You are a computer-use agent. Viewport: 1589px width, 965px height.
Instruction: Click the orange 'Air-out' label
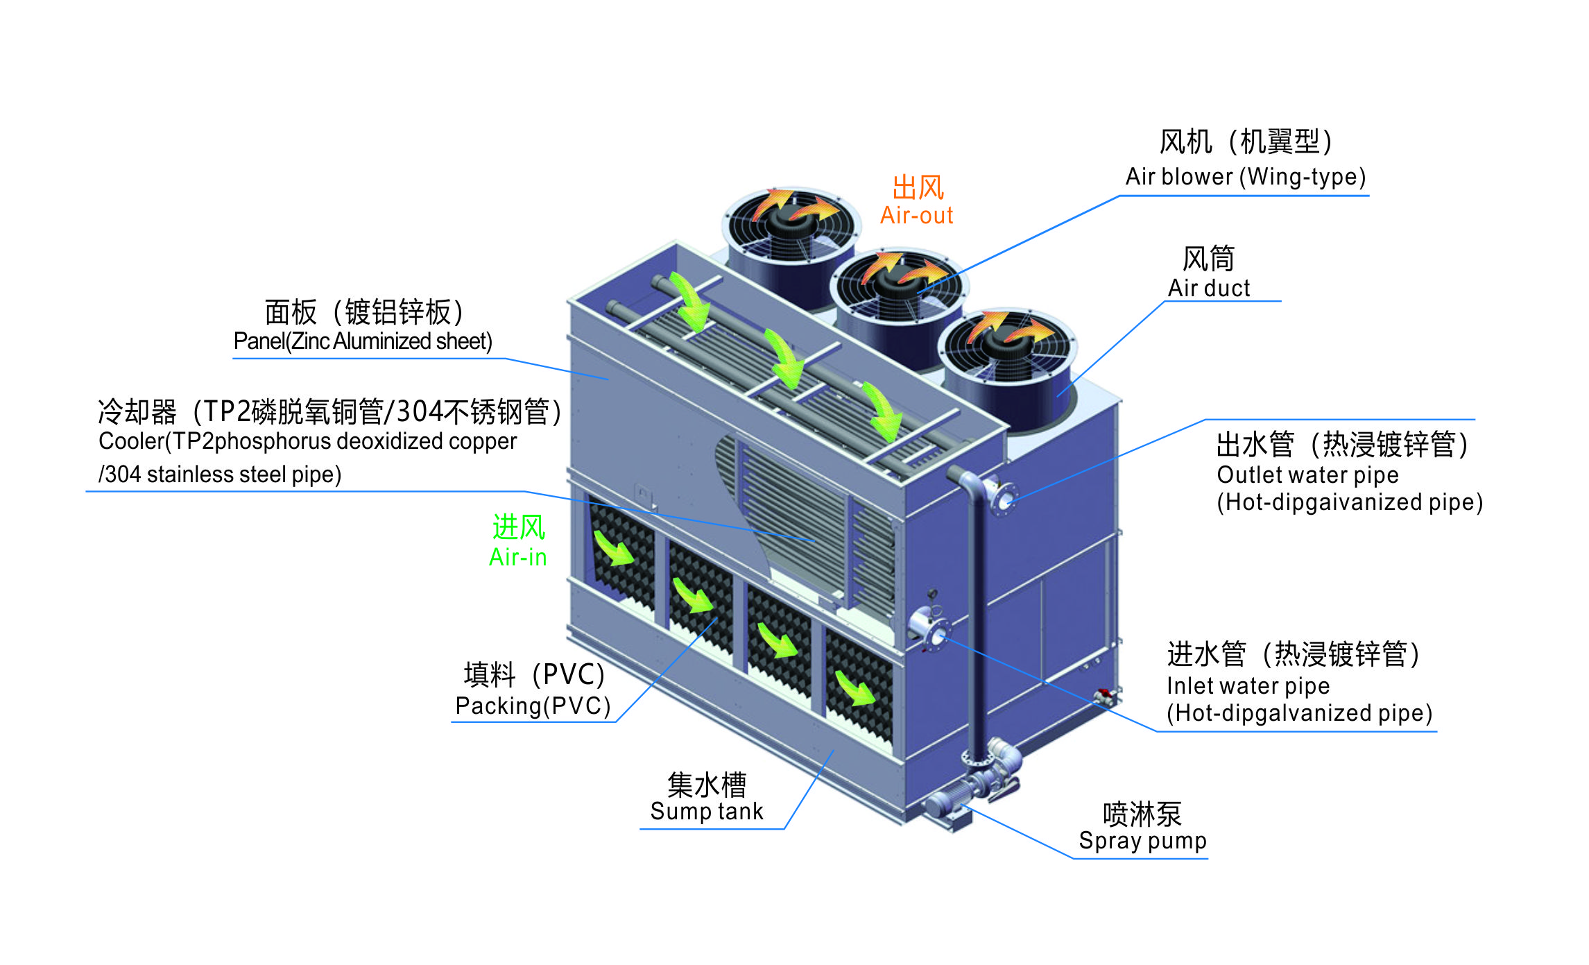916,216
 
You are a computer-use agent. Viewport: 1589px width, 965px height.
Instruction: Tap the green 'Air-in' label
517,557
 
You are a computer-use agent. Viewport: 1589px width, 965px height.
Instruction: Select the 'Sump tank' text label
706,811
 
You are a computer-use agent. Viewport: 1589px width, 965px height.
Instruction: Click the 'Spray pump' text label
1142,841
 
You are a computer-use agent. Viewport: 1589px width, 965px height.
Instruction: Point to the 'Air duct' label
1208,288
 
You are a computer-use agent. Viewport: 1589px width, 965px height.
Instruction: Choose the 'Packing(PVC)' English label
533,706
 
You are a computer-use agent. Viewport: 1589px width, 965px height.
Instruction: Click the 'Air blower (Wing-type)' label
1245,177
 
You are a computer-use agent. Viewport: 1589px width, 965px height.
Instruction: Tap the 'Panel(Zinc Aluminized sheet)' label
363,341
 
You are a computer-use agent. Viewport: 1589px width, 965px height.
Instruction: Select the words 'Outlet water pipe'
1307,475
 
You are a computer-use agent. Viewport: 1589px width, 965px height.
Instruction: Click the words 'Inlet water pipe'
1248,686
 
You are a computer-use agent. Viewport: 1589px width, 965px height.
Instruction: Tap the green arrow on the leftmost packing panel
613,549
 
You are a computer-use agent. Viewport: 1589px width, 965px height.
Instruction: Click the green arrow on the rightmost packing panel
854,689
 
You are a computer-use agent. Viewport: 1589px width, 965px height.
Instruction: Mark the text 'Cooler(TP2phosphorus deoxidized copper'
307,441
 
